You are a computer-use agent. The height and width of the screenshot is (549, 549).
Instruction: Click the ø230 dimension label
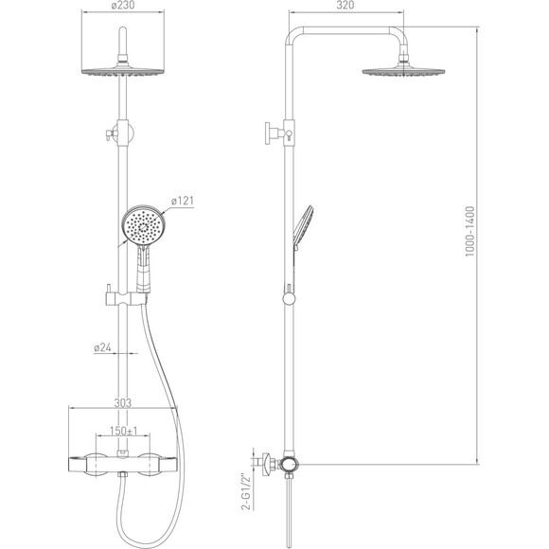pyautogui.click(x=122, y=6)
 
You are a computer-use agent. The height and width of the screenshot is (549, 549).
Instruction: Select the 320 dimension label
pyautogui.click(x=345, y=6)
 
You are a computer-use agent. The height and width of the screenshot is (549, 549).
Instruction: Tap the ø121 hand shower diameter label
pyautogui.click(x=182, y=202)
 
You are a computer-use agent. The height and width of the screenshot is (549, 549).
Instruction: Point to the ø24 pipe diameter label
pyautogui.click(x=102, y=347)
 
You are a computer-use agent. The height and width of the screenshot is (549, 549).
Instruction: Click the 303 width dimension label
pyautogui.click(x=122, y=403)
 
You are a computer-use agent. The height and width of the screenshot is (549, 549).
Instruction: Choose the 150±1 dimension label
pyautogui.click(x=123, y=431)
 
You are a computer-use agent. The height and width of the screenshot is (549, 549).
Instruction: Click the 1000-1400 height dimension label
pyautogui.click(x=469, y=232)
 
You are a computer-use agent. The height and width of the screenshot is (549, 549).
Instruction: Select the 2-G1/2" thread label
pyautogui.click(x=247, y=492)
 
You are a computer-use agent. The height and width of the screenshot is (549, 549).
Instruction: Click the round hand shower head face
pyautogui.click(x=143, y=227)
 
